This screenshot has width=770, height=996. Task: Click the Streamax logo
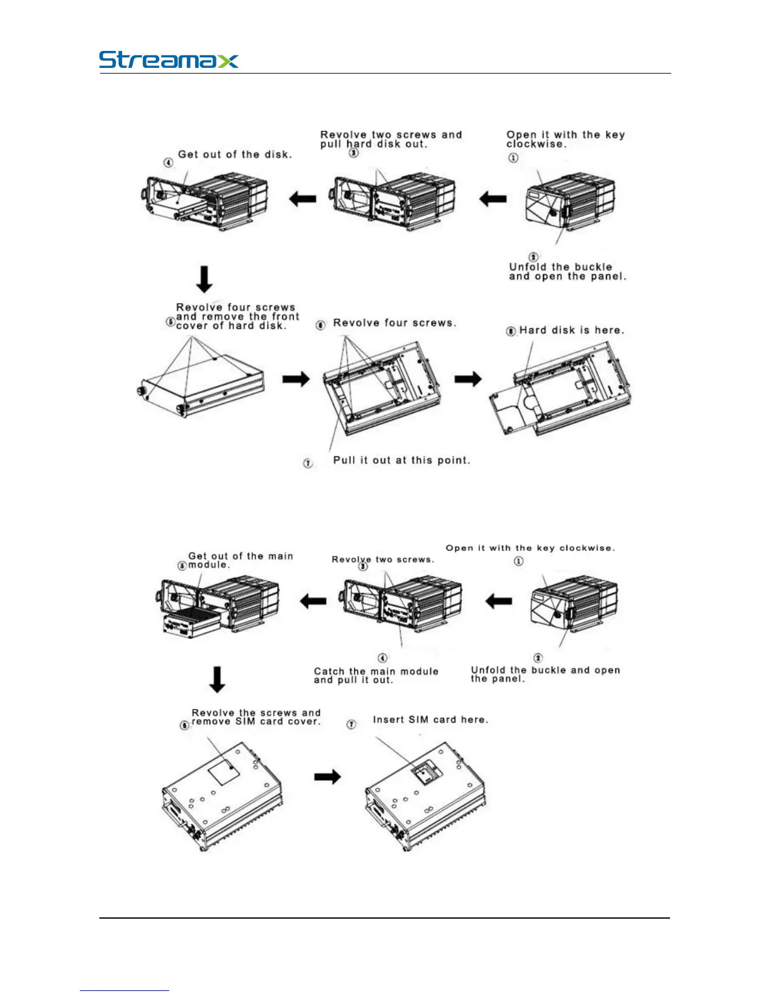click(169, 60)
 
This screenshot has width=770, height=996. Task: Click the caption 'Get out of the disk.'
click(235, 154)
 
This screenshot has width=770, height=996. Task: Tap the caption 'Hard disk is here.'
click(571, 330)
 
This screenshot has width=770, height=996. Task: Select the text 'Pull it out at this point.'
click(401, 460)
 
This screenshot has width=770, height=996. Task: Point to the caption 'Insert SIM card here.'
click(430, 719)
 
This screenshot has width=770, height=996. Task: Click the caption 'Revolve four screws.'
click(394, 323)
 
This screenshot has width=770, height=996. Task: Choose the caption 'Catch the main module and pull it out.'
click(376, 675)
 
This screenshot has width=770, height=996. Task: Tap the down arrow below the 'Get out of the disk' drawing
click(204, 279)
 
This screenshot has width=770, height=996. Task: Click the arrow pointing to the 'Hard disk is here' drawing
click(468, 379)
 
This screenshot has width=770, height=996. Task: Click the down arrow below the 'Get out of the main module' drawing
click(217, 679)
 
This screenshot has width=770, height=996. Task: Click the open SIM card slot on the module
click(426, 772)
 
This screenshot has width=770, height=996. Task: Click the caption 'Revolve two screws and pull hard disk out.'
click(391, 139)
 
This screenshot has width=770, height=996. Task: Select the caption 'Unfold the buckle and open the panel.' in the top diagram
click(567, 272)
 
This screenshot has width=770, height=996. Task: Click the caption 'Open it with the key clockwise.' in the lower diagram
click(530, 548)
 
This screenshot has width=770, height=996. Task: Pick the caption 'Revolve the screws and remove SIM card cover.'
click(256, 717)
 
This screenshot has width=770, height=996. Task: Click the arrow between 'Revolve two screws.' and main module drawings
click(313, 601)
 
